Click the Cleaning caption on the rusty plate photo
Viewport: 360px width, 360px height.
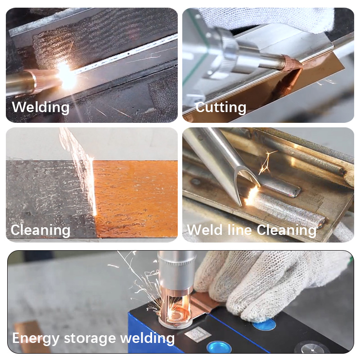(40, 230)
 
